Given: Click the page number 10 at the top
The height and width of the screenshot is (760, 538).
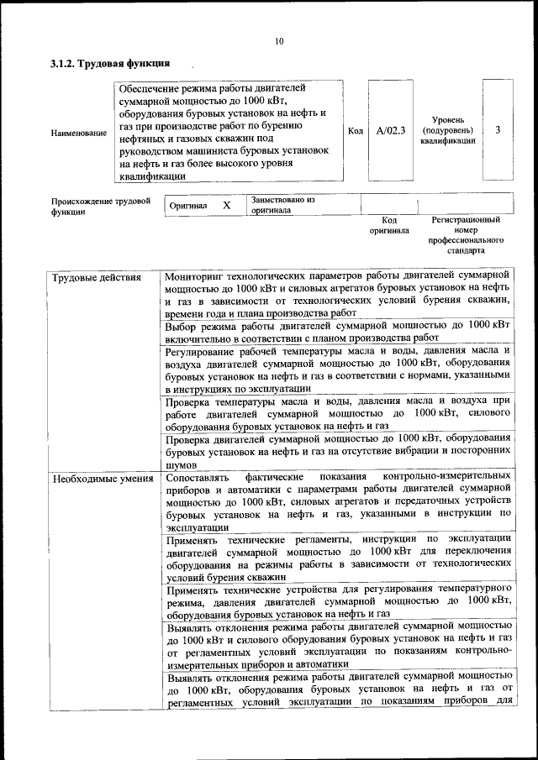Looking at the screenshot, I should (279, 41).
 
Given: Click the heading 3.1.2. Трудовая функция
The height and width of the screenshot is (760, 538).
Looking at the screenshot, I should (110, 63).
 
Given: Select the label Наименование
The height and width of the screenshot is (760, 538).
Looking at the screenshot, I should (79, 133).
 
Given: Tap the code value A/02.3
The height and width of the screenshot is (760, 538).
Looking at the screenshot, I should (390, 130).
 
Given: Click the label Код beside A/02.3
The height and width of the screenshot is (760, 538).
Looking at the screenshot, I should (356, 130).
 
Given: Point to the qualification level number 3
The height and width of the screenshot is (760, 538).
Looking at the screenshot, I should (499, 130).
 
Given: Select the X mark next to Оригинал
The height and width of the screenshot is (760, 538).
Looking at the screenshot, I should (226, 205).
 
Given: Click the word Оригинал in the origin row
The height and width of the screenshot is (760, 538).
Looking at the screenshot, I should (188, 206).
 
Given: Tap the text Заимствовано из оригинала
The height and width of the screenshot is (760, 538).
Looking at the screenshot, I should (282, 205).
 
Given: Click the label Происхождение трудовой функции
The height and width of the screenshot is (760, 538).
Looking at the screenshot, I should (101, 207).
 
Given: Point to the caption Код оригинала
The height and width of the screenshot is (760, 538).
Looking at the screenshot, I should (389, 224).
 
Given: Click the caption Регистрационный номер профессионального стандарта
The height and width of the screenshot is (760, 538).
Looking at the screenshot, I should (466, 234).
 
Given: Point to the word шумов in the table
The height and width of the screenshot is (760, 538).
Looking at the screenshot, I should (181, 464).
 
